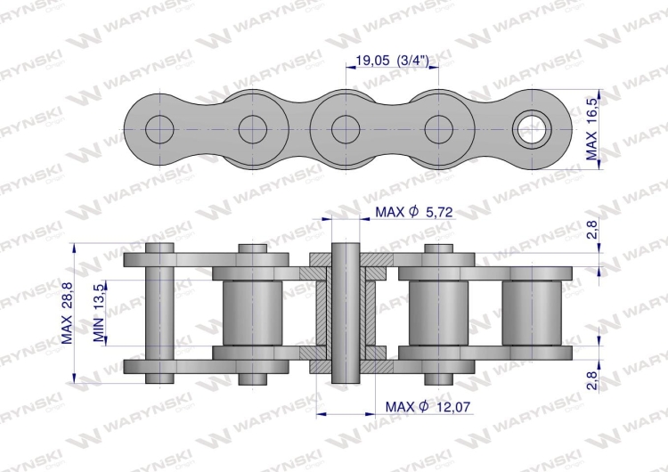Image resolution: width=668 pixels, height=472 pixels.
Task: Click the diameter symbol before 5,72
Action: coord(412,212)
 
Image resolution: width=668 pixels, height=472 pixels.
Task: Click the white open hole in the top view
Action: coord(533,129)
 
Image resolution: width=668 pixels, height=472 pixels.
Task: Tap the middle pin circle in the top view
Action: coord(346,129)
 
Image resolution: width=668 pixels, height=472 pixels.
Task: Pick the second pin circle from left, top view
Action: coord(253,129)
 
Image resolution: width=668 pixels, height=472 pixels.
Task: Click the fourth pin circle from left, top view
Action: coord(438,129)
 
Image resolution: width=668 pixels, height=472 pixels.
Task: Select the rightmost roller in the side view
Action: coord(533,312)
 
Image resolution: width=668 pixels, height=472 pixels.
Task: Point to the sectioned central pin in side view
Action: coord(346,312)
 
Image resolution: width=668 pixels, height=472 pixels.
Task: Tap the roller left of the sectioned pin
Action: coord(253,312)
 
